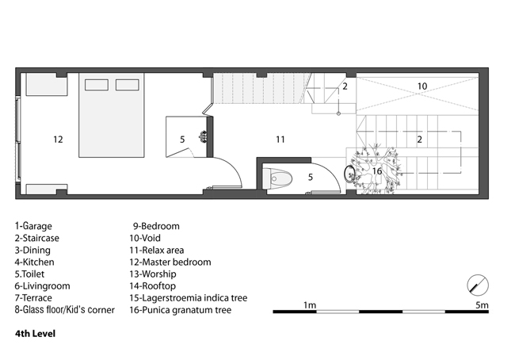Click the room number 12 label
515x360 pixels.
(x=58, y=140)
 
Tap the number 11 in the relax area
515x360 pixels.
(x=280, y=140)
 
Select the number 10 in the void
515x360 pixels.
(x=422, y=86)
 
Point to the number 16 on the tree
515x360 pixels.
(x=377, y=171)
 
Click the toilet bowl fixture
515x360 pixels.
(x=277, y=179)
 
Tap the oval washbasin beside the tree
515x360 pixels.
(x=349, y=173)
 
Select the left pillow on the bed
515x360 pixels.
(x=97, y=85)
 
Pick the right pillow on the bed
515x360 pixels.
(x=127, y=85)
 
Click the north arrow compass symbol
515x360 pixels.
(x=478, y=285)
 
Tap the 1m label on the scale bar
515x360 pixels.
(x=309, y=305)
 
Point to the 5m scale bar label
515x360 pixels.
(x=482, y=305)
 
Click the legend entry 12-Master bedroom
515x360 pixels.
(x=170, y=262)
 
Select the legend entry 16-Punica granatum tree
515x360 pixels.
(x=181, y=310)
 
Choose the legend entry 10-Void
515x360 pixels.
(x=145, y=238)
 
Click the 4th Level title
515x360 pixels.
(x=35, y=334)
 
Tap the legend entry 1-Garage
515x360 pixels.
(x=33, y=226)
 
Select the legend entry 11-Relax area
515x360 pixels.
(x=157, y=251)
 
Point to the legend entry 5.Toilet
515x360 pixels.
(x=29, y=274)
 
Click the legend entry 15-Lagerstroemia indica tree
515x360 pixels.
(x=189, y=298)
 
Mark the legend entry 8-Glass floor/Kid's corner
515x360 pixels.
(x=65, y=310)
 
